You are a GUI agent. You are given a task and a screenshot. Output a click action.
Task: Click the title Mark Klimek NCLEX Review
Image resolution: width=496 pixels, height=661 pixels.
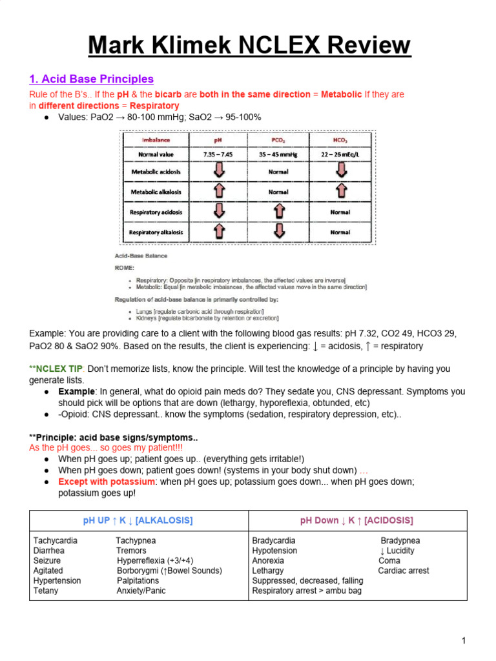(x=249, y=46)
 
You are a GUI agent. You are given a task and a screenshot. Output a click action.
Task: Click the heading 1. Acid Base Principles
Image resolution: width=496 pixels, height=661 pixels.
(x=91, y=79)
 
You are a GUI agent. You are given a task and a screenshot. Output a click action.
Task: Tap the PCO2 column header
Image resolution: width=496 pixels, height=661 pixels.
(x=278, y=139)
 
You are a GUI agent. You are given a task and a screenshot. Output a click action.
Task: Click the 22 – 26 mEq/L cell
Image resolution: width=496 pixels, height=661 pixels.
(x=340, y=154)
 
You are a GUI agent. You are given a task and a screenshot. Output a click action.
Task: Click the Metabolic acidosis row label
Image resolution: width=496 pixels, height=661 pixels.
(x=156, y=172)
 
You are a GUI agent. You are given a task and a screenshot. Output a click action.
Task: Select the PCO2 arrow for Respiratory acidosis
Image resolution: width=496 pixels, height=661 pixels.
(x=278, y=212)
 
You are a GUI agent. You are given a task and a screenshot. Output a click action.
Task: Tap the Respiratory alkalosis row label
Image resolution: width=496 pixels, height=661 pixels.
(x=156, y=232)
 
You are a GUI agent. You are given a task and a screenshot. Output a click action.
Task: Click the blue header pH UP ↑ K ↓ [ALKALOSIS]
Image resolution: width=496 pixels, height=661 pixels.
(x=138, y=520)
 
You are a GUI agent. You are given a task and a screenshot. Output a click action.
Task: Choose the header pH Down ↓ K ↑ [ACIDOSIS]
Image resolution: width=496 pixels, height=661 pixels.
(x=356, y=520)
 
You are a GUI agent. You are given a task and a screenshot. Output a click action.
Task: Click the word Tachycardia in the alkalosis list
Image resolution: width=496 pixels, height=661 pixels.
(x=56, y=540)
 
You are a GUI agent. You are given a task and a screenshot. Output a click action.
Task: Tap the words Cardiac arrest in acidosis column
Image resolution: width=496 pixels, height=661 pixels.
(x=404, y=571)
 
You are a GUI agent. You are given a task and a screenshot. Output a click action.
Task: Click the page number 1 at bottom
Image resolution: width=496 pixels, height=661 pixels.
(x=464, y=640)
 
